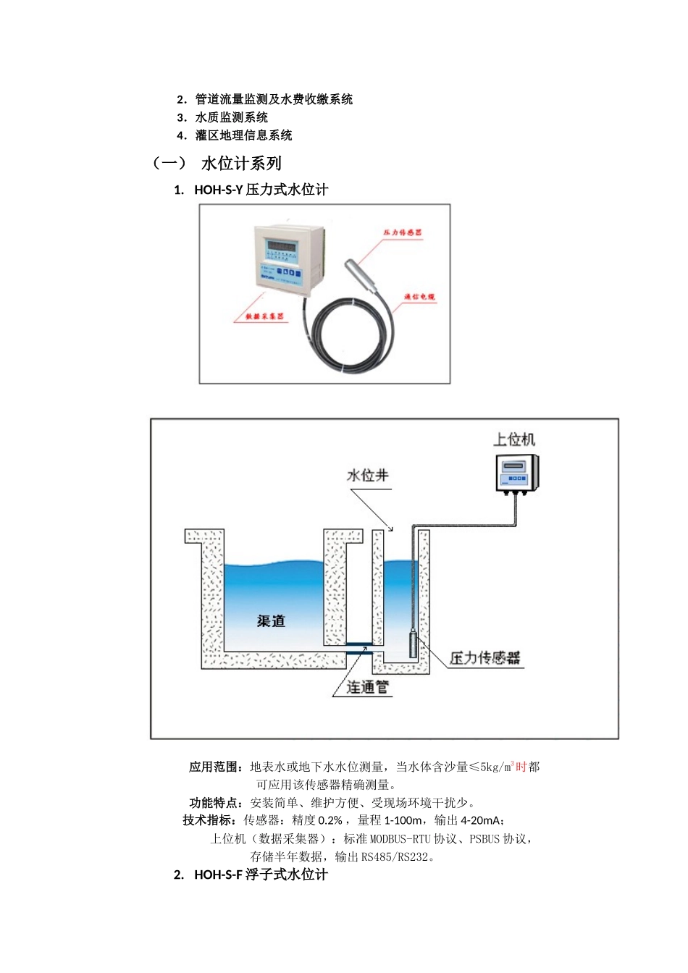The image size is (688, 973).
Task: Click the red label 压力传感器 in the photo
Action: click(x=403, y=232)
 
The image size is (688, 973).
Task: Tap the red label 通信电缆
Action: click(x=419, y=297)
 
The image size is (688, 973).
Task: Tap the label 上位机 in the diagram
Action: click(x=514, y=439)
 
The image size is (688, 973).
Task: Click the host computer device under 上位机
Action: click(x=516, y=473)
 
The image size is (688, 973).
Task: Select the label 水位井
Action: click(x=368, y=476)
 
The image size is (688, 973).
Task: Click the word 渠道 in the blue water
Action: click(x=271, y=620)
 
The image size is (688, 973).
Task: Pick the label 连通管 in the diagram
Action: click(x=367, y=687)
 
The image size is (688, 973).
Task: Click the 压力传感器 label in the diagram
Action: click(x=484, y=657)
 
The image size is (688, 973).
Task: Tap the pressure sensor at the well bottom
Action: click(x=414, y=644)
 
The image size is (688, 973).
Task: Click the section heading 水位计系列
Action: click(x=241, y=164)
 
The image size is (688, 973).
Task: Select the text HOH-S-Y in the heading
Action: click(x=218, y=190)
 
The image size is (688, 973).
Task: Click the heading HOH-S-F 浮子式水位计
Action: click(x=261, y=875)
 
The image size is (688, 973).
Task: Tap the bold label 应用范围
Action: click(x=215, y=767)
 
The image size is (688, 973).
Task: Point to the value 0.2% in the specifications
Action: click(x=330, y=820)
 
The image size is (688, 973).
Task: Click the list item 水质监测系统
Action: click(x=232, y=117)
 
